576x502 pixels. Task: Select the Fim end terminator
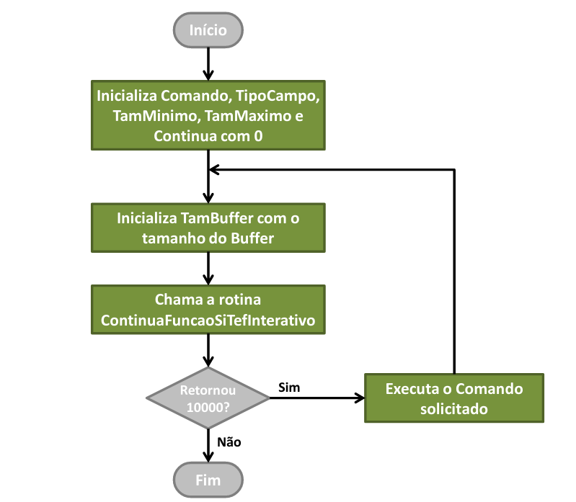click(x=208, y=480)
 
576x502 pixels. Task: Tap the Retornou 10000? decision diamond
click(x=208, y=398)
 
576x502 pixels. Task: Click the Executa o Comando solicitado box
click(x=453, y=398)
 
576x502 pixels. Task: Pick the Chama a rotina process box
click(x=208, y=310)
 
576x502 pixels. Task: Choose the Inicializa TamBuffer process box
click(x=208, y=228)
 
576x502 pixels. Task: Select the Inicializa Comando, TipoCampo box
click(x=208, y=115)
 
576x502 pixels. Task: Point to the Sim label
click(x=289, y=387)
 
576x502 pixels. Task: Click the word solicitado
click(x=453, y=409)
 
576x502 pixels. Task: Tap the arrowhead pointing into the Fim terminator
click(x=208, y=457)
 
